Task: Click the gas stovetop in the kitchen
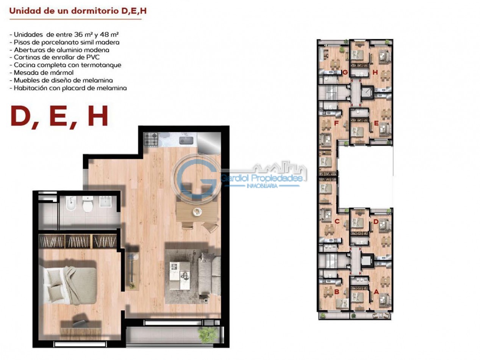150,139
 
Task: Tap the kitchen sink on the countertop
186,141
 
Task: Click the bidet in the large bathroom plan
71,203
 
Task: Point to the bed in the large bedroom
70,286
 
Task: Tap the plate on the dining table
197,211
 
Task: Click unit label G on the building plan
345,72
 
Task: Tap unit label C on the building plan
337,222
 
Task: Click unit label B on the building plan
337,292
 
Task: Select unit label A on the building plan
376,292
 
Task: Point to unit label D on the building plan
376,222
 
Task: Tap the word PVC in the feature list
93,57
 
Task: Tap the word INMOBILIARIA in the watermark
262,186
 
